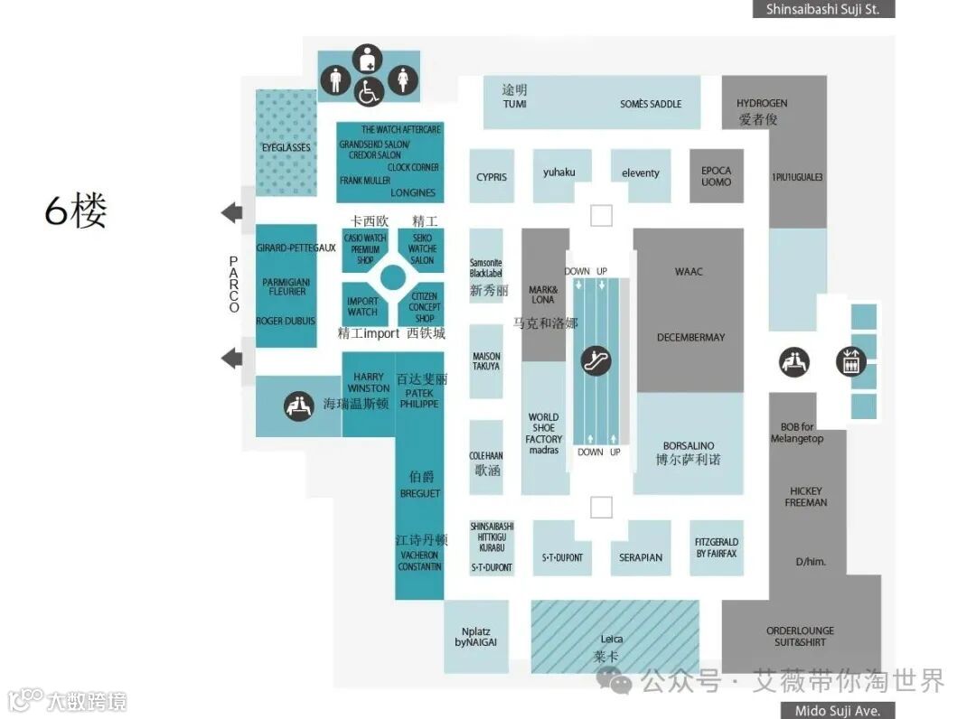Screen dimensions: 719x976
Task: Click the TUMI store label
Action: [514, 104]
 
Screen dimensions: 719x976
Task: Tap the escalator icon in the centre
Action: [596, 360]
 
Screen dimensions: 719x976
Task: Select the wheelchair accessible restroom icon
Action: [368, 90]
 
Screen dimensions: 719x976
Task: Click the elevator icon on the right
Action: [849, 361]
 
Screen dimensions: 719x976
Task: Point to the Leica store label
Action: [612, 640]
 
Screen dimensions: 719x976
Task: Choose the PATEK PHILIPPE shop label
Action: [419, 398]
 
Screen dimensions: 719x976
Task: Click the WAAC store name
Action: [688, 272]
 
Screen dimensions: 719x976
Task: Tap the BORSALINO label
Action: [688, 446]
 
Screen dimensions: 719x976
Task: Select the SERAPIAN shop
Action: [641, 557]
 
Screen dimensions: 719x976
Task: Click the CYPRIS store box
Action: [492, 177]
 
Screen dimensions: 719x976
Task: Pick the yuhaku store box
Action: [559, 173]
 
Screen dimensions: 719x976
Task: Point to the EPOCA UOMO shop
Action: [716, 176]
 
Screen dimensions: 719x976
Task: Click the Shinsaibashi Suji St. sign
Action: [823, 10]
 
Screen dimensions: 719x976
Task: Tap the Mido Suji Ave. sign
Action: [837, 710]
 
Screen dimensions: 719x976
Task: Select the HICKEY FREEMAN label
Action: [805, 497]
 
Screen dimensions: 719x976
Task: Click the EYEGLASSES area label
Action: [286, 147]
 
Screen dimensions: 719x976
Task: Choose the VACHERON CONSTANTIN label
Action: [419, 561]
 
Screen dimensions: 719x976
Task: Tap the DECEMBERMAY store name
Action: [690, 338]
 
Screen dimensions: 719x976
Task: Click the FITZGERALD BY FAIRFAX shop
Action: [717, 547]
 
